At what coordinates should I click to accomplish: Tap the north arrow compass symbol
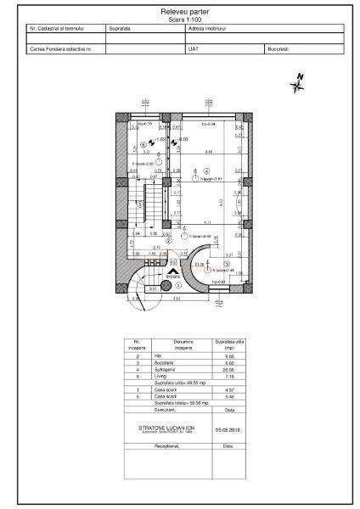[x=298, y=82]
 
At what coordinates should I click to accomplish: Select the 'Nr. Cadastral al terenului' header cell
[x=53, y=28]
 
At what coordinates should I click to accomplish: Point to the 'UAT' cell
[x=193, y=50]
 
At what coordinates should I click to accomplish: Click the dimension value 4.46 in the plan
[x=208, y=151]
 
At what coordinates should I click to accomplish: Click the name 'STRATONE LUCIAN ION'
[x=166, y=428]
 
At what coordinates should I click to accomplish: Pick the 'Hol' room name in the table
[x=157, y=355]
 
